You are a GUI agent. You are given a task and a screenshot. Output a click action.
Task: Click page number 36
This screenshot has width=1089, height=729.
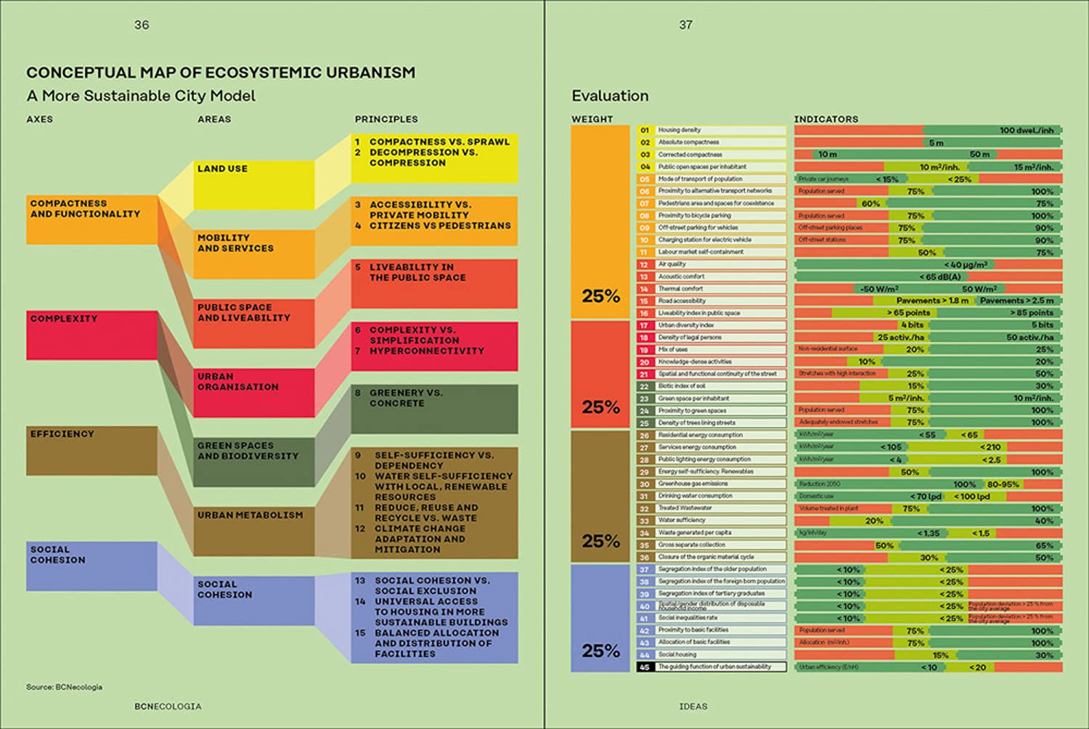point(142,25)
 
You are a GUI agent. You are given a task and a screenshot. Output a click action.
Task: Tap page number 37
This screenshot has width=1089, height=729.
point(685,25)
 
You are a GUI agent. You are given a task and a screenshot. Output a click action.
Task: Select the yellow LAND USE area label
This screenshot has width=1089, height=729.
point(222,168)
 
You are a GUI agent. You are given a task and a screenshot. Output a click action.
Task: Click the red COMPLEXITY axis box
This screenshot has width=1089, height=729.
point(92,335)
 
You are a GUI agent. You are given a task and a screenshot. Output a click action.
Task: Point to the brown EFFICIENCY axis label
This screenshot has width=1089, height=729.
point(62,434)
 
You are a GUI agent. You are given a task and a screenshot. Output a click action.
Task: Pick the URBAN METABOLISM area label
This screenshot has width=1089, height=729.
point(250,516)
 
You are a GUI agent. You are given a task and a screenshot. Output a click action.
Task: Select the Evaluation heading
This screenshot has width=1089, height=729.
point(610,96)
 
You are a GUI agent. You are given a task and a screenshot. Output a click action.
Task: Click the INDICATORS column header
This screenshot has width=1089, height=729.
point(825,119)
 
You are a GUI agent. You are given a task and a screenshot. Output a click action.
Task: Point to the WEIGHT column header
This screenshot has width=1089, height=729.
point(592,119)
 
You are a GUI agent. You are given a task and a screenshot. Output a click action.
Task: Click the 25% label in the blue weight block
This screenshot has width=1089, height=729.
point(600,651)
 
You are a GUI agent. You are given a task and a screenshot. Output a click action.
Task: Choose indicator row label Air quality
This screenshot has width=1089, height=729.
point(672,264)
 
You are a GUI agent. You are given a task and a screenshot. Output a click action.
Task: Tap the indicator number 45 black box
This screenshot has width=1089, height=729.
point(644,667)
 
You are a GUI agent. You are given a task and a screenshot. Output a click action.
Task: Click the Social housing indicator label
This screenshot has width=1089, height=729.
point(677,654)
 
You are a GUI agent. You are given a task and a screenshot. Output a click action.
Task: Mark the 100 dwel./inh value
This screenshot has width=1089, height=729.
point(1026,131)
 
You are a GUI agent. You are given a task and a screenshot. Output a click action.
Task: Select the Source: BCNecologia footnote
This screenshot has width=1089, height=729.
point(64,687)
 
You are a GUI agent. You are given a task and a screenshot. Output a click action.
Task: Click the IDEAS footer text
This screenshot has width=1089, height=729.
point(693,706)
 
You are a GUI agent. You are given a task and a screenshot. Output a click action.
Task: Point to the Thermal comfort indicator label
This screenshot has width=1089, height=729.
point(680,289)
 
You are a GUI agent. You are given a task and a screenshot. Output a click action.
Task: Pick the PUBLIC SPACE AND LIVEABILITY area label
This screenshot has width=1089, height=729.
point(243,313)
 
